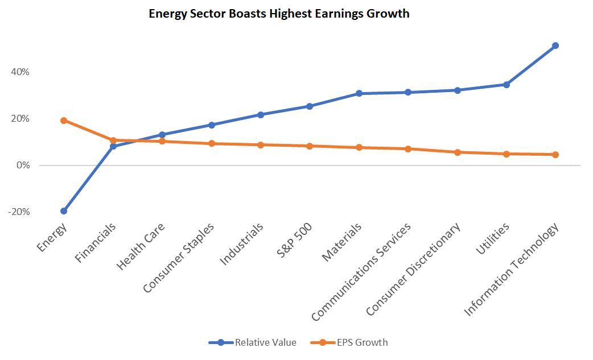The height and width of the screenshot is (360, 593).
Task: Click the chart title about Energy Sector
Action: coord(279,14)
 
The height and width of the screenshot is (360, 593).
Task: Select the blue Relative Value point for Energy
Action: coord(64,211)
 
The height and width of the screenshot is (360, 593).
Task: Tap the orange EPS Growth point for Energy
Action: coord(64,121)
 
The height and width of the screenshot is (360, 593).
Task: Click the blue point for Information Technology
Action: coord(555,45)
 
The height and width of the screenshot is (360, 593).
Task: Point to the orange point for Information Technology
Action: coord(555,155)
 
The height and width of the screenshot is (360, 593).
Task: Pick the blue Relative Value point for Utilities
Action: coord(506,85)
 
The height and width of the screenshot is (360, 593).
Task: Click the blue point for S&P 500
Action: coord(310,106)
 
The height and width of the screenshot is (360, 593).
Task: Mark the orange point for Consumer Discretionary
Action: coord(457,152)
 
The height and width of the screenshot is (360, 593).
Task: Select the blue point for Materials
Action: coord(359,93)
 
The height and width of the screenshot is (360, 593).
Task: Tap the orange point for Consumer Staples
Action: coord(211,143)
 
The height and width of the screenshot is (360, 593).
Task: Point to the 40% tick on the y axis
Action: coord(20,72)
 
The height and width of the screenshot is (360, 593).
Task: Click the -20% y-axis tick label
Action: coord(19,212)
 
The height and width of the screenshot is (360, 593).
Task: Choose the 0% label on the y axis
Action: coord(23,165)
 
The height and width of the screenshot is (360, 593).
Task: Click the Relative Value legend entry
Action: coord(252,342)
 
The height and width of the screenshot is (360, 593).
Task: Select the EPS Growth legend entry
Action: coord(349,342)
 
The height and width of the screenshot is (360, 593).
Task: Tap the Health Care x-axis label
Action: coord(141,246)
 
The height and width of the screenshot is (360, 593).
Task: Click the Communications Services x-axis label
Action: coord(361,272)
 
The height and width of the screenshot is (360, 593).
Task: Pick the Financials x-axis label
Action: coord(95,242)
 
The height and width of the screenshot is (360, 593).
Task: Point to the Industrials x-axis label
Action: coord(241,243)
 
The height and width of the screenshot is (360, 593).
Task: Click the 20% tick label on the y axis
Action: coord(20,119)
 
